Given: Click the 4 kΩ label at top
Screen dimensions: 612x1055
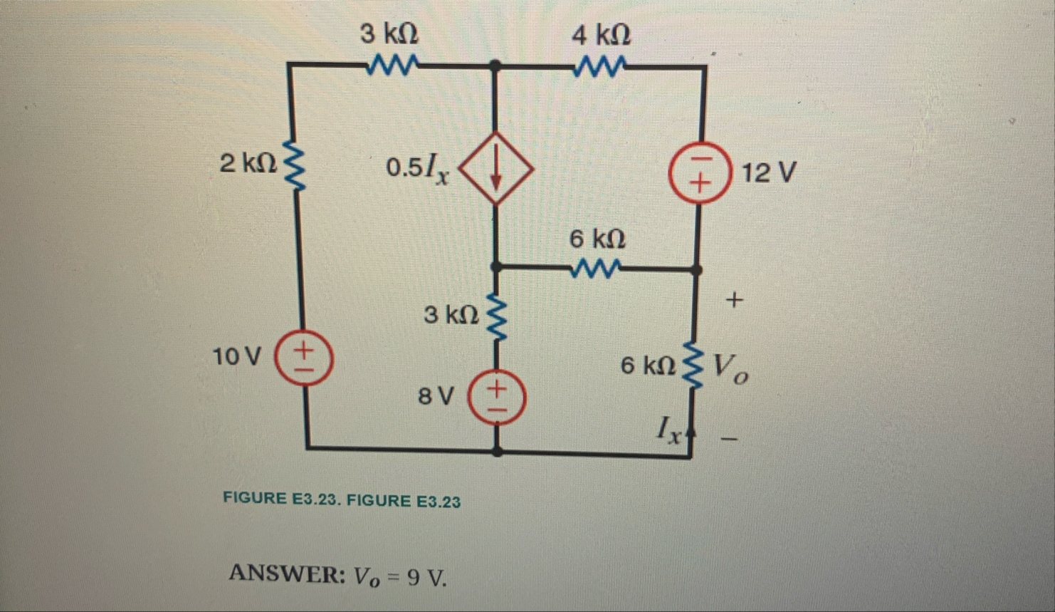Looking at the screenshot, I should point(601,33).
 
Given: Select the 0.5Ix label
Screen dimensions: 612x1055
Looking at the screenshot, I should point(418,169).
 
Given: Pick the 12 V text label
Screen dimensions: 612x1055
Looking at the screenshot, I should point(768,172).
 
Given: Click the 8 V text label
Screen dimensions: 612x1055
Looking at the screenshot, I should point(435,396).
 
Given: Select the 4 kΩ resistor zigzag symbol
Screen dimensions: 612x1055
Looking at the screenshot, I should point(602,67).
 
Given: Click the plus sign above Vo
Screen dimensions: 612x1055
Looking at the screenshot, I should point(734,300).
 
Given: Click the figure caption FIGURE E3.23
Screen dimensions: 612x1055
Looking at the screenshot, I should point(342,499).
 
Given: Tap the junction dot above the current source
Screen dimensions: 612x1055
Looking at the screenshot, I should point(496,66).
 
